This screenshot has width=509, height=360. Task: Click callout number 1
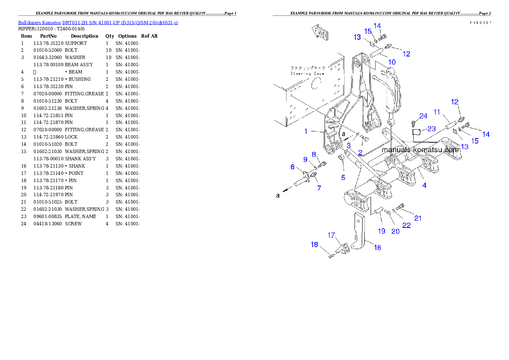306,131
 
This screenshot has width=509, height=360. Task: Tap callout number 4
424,186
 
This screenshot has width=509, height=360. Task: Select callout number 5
343,177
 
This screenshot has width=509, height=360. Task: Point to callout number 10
392,62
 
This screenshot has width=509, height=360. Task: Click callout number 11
437,112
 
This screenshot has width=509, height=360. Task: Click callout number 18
314,245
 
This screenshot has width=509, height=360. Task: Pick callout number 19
382,231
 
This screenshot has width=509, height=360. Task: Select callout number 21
418,218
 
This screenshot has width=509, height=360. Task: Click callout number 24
423,116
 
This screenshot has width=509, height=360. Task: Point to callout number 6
293,167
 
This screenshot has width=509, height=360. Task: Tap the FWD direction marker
319,32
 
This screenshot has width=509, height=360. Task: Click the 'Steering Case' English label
302,74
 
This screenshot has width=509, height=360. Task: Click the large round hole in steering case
317,86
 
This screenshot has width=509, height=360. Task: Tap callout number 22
406,225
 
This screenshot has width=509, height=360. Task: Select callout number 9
305,159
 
